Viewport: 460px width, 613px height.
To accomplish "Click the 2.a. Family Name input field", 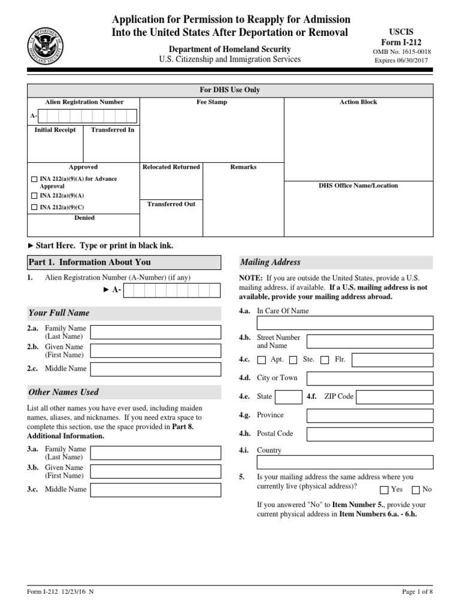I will (x=155, y=332).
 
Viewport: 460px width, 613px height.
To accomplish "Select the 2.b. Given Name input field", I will (x=155, y=351).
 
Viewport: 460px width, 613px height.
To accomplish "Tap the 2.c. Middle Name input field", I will (x=155, y=369).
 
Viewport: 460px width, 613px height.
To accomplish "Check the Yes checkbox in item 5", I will (x=384, y=490).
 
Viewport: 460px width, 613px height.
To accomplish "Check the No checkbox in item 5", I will (x=416, y=490).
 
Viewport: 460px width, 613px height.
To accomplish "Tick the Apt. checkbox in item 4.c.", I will (x=261, y=360).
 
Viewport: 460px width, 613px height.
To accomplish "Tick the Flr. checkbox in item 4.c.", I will (x=325, y=360).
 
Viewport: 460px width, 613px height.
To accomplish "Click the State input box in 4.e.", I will (x=289, y=397).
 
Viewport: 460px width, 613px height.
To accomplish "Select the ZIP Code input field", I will (x=395, y=397).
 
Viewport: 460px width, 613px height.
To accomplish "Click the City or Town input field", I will (x=370, y=378).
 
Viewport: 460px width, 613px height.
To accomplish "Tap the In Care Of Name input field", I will (x=344, y=323).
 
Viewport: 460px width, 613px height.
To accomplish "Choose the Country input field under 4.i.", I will (x=344, y=462).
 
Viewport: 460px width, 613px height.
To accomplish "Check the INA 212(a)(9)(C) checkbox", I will (x=34, y=208).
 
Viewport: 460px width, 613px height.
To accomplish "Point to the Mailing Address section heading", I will (x=271, y=262).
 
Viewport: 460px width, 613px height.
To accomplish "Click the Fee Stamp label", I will (x=212, y=102).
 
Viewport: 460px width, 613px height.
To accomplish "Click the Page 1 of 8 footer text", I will (x=417, y=592).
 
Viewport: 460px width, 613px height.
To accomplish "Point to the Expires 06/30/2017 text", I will (x=402, y=60).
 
